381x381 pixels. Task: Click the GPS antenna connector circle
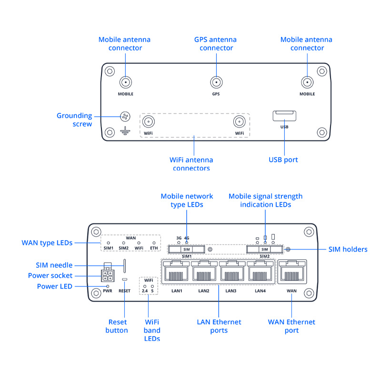(x=216, y=82)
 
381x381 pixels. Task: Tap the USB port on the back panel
(x=284, y=116)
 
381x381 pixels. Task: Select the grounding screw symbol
(x=125, y=117)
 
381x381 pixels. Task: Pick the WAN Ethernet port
(x=291, y=273)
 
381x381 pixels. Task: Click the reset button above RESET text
(x=125, y=279)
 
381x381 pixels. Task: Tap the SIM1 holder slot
(x=186, y=249)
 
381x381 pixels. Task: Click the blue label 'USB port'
(x=283, y=160)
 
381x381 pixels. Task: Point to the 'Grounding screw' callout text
(x=74, y=120)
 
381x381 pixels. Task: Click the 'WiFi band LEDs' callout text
(x=152, y=330)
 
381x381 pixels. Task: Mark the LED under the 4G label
(x=187, y=243)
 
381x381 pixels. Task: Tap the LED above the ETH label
(x=154, y=243)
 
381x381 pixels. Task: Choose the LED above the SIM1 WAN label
(x=108, y=243)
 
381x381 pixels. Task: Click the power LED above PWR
(x=108, y=286)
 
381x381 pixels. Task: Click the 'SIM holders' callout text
(x=348, y=249)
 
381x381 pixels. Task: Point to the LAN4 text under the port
(x=260, y=291)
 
